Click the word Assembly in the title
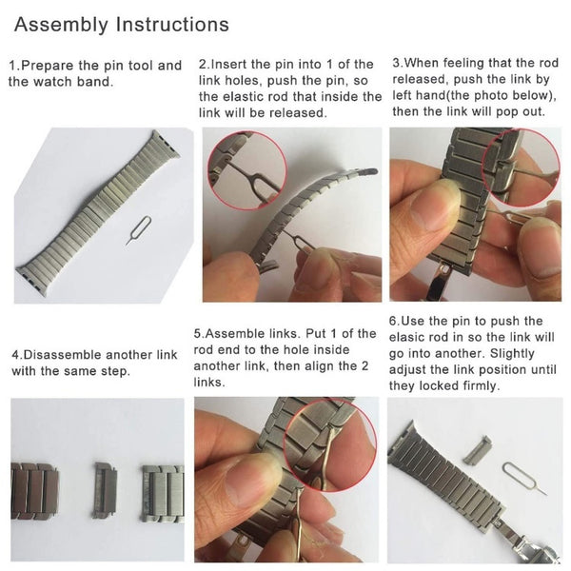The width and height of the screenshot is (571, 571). tap(61, 25)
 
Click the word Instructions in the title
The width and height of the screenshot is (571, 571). tap(172, 24)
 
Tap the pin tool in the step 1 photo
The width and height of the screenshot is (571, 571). tap(139, 230)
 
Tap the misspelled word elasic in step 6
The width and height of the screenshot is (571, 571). tap(407, 337)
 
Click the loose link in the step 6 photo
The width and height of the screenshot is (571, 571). tap(477, 450)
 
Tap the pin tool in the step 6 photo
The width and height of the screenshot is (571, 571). tap(522, 477)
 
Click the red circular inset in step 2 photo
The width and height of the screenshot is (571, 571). tap(247, 170)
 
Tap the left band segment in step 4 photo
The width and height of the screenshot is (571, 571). tap(33, 491)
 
